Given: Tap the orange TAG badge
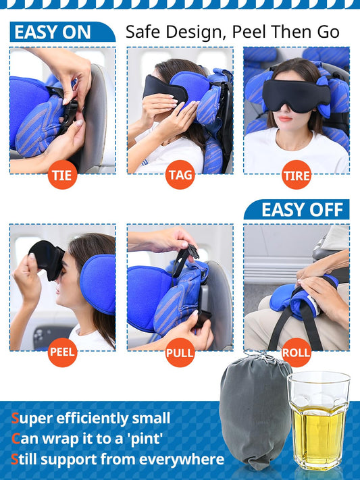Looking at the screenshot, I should [x=180, y=176].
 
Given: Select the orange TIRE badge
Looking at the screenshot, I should [x=297, y=176].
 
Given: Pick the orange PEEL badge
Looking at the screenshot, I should [x=62, y=352].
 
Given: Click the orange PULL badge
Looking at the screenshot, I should [x=180, y=352].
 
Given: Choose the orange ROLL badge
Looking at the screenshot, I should [x=297, y=352].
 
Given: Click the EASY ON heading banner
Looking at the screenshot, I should [x=57, y=32].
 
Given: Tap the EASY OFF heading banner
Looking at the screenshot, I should [x=297, y=209].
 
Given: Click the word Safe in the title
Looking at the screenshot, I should [x=144, y=32].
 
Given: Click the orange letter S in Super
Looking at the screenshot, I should [x=14, y=419].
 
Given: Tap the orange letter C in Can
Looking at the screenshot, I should [x=14, y=439].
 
